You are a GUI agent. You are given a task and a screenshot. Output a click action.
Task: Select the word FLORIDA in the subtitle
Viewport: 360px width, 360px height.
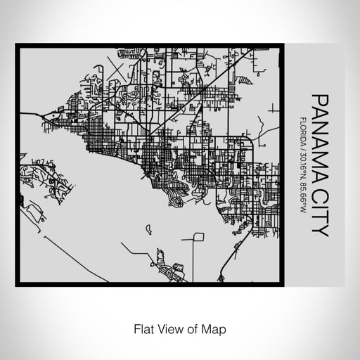click(x=302, y=131)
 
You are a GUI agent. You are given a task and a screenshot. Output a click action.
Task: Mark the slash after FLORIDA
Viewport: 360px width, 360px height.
click(x=302, y=148)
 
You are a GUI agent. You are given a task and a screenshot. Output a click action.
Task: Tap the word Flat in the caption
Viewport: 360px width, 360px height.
click(x=143, y=328)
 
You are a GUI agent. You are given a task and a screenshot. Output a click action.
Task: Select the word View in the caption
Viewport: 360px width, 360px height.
click(x=169, y=328)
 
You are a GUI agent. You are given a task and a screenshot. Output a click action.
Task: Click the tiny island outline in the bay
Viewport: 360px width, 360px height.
click(x=149, y=228)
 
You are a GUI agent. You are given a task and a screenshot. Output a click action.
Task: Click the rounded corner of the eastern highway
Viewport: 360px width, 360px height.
click(x=251, y=142)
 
